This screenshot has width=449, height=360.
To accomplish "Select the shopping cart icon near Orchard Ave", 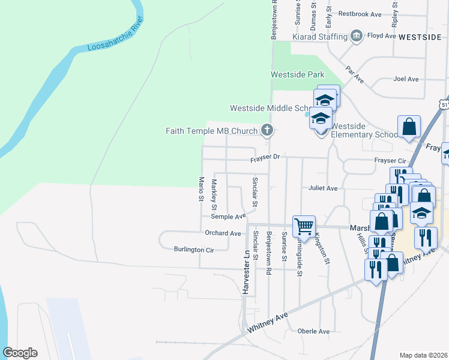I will tap(304, 226).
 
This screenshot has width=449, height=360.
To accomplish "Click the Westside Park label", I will tap(298, 75).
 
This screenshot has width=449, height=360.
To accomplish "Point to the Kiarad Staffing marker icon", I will tap(357, 36).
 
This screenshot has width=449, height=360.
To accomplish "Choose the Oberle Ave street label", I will tap(313, 331).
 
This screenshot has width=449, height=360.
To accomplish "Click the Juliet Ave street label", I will tap(323, 188).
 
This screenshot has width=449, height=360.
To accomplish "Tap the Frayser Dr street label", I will tap(265, 157).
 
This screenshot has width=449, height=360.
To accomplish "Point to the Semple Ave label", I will tap(228, 216).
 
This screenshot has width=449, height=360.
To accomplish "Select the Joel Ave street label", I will tap(406, 79).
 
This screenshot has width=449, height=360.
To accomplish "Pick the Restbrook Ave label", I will tap(360, 13).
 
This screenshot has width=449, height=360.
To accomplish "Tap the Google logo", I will tap(20, 353).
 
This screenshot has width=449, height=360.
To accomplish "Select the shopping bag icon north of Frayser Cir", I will tap(409, 128).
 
